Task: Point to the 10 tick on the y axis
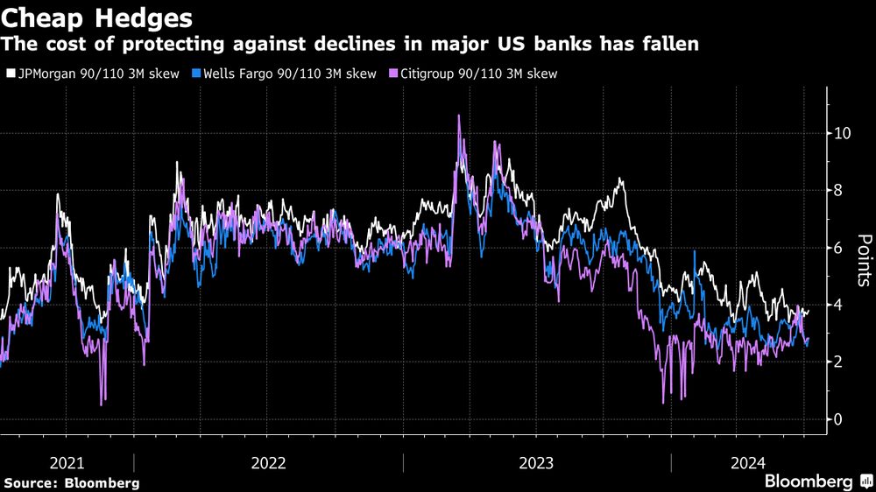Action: pyautogui.click(x=842, y=134)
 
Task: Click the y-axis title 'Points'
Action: pyautogui.click(x=863, y=261)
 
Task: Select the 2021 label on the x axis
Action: pyautogui.click(x=67, y=462)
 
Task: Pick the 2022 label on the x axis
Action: pyautogui.click(x=268, y=462)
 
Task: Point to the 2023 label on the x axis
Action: pyautogui.click(x=537, y=462)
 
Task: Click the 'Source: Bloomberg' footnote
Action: pyautogui.click(x=72, y=482)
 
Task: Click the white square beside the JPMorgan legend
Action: pyautogui.click(x=11, y=74)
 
